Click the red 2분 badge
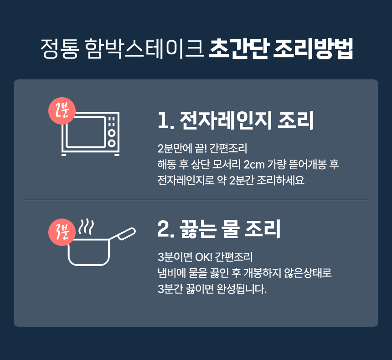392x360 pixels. pos(62,111)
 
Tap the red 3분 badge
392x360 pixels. pos(62,232)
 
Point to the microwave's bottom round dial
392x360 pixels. pos(112,143)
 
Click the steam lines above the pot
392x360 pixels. pos(86,227)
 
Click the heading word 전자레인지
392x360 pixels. pos(225,120)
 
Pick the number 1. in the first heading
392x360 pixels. pos(166,121)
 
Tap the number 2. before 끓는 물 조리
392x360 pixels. pos(166,229)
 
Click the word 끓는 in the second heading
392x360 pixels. pos(197,229)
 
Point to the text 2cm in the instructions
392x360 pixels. pos(254,165)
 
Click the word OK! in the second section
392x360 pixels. pos(203,257)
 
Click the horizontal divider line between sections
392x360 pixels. pos(196,200)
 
